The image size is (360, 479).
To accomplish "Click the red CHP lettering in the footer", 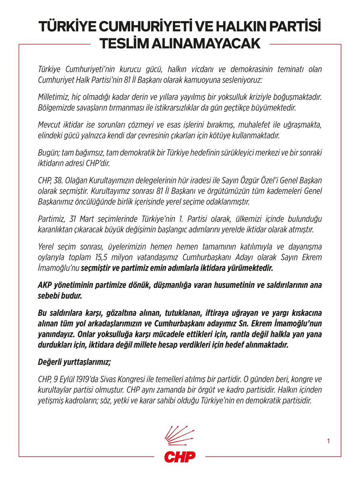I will click(x=180, y=456).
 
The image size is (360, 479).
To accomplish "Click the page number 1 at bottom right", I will click(x=328, y=441).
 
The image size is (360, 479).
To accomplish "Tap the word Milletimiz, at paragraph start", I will click(x=55, y=97).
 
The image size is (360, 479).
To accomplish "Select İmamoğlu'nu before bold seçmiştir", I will click(x=58, y=268).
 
